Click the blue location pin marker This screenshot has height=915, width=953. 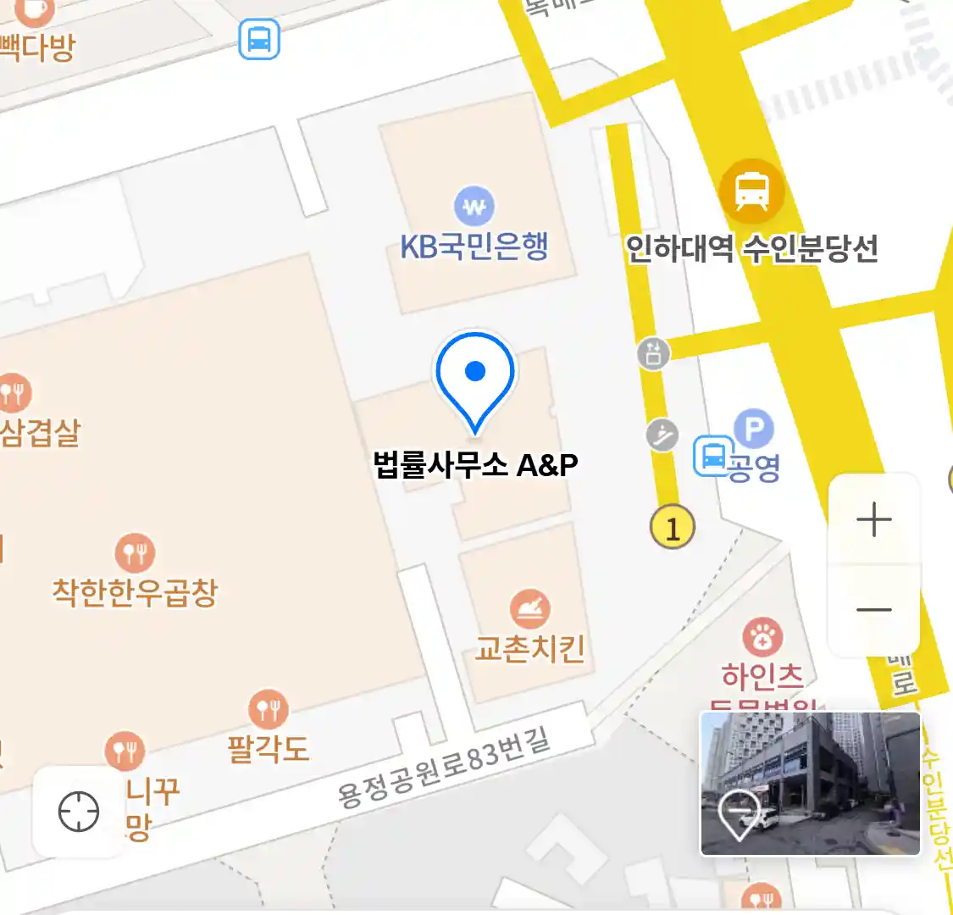point(475,377)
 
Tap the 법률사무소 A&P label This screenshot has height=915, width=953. point(475,464)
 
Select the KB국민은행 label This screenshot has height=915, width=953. point(474,246)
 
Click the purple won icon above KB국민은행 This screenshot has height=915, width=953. point(474,206)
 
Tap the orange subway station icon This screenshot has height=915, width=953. point(751,191)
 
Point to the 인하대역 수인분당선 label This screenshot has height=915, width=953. point(751,249)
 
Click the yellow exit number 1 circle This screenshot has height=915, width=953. point(672,528)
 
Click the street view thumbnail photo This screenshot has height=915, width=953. point(810,783)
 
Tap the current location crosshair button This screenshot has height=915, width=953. point(79,812)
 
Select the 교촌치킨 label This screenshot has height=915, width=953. point(529,649)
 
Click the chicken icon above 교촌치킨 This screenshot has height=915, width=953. point(530,609)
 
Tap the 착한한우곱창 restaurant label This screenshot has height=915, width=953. point(135,591)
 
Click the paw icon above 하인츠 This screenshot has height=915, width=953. point(762,637)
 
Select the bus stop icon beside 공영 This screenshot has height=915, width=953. point(713,456)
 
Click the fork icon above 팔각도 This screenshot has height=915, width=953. point(268,709)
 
